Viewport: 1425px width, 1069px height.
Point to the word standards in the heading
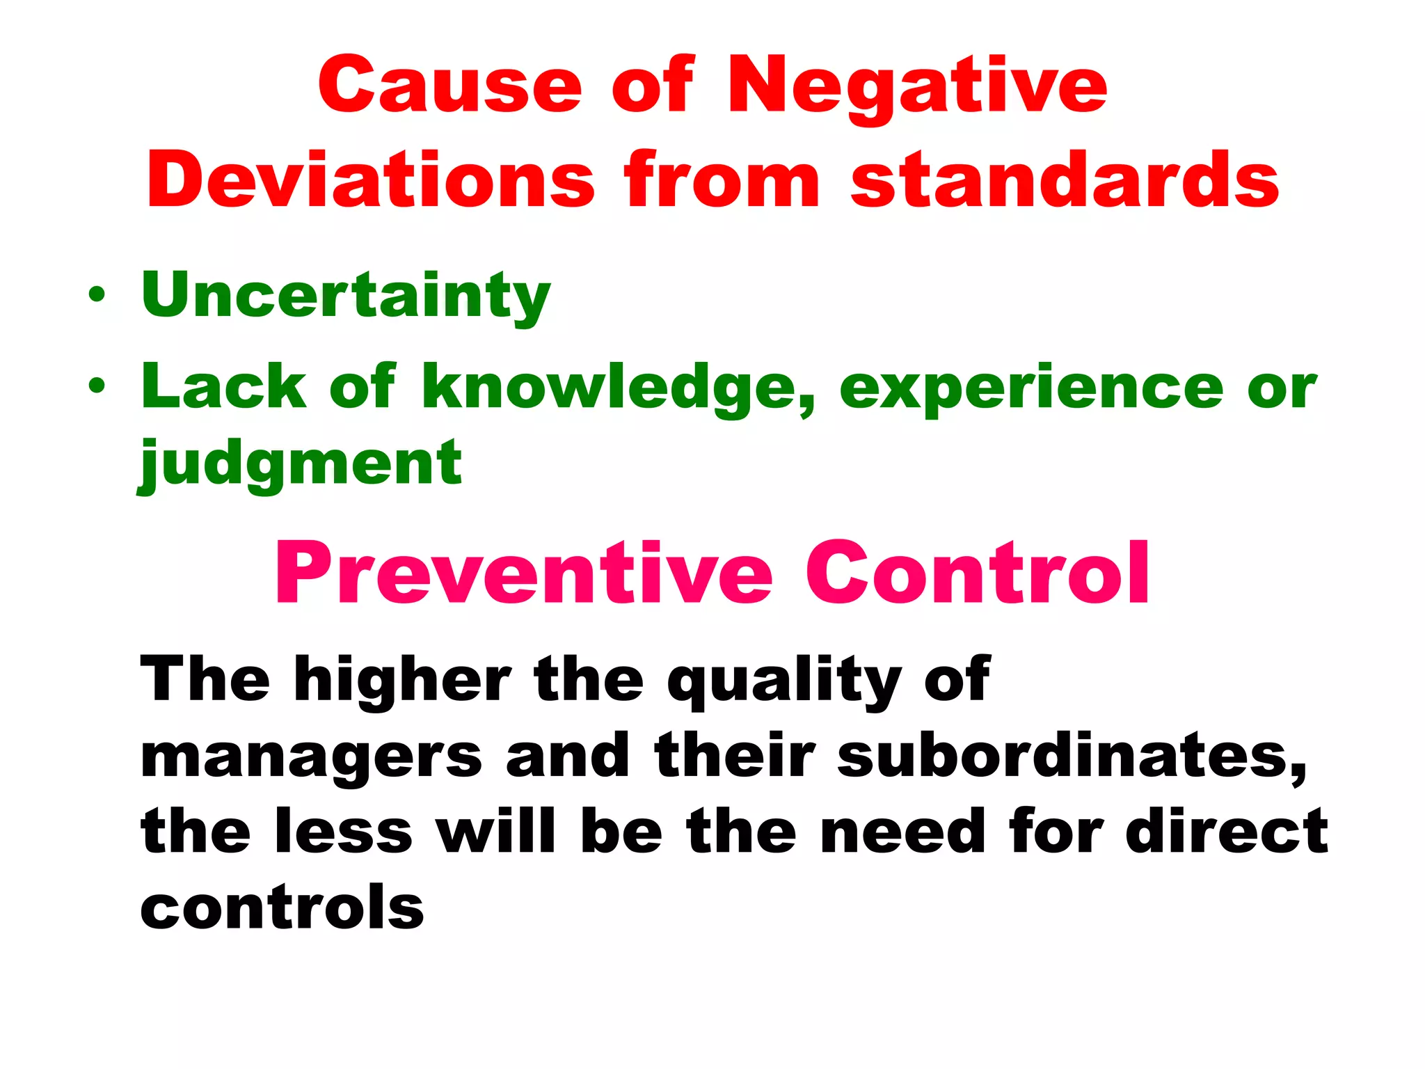pyautogui.click(x=1065, y=180)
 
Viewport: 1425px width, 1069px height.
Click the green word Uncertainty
pyautogui.click(x=346, y=296)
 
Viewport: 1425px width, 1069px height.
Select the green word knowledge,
pyautogui.click(x=619, y=388)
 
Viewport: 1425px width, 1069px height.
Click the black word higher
pyautogui.click(x=402, y=681)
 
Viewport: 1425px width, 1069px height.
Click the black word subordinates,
pyautogui.click(x=1072, y=756)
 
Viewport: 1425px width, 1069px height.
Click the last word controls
pyautogui.click(x=282, y=908)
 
